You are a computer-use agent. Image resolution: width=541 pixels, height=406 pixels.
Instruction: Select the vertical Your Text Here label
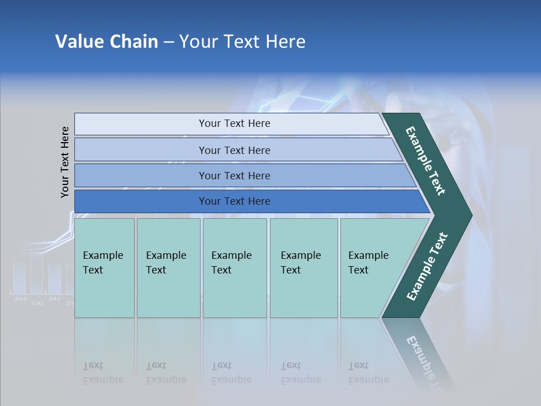click(65, 162)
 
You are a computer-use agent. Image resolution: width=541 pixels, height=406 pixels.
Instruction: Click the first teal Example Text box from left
click(105, 268)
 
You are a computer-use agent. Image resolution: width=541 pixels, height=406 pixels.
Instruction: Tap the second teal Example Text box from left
click(168, 268)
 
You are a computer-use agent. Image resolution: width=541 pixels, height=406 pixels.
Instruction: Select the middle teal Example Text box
click(234, 268)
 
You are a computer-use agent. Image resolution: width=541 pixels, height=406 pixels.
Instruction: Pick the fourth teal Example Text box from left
click(304, 268)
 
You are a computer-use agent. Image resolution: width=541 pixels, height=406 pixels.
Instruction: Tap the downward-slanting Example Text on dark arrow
click(425, 161)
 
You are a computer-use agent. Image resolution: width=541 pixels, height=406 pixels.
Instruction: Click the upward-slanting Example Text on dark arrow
click(427, 267)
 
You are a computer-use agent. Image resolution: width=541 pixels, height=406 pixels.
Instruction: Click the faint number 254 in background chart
click(20, 299)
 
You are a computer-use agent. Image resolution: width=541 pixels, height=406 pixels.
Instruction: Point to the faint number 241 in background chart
click(54, 299)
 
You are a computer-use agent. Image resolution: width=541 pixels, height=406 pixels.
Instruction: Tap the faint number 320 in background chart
click(37, 303)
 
